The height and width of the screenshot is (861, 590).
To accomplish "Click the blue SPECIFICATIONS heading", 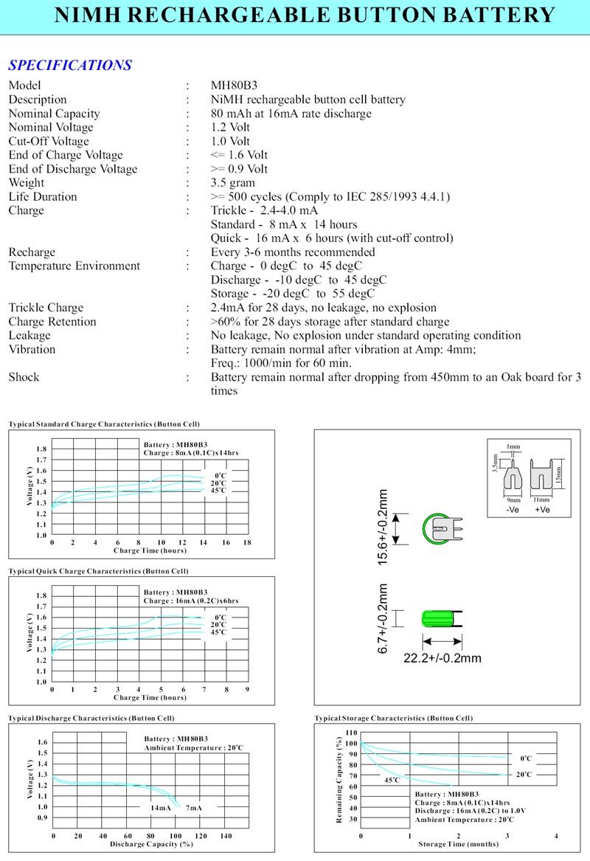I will point(70,65).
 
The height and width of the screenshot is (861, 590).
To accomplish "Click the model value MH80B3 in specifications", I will point(233,86).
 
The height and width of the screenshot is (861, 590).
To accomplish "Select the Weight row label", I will point(27,183).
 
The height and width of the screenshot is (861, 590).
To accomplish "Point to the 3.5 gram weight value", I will point(233,183).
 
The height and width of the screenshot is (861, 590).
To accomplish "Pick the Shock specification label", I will point(24,377).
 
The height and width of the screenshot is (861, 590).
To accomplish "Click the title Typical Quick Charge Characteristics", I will point(98,571).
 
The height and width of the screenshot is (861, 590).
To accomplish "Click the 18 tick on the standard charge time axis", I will point(247,542).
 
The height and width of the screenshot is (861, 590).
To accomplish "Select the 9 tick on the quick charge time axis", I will point(247,689).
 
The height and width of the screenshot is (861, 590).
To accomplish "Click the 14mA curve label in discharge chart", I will point(161,808).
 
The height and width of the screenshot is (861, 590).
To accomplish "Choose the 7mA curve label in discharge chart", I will point(193,808).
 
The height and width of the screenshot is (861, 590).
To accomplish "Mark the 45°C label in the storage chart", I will point(392,780).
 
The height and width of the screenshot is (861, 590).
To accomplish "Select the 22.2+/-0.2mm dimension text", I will point(442,657).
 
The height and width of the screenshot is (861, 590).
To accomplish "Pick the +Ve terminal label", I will point(542,510).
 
